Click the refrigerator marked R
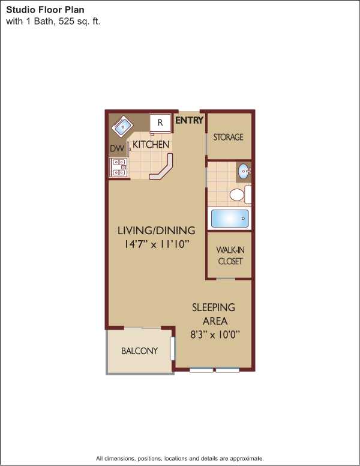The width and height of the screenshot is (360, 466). coord(160,122)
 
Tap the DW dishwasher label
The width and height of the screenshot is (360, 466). coord(117,148)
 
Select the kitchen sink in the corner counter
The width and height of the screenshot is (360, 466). coord(121,127)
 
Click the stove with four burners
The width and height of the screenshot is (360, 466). coord(119,168)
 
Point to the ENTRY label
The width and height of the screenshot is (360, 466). coord(189,120)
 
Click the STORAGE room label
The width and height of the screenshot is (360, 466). coord(228,137)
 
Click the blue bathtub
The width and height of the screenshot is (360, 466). coord(230,219)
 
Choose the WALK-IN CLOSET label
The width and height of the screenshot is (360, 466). coord(230,255)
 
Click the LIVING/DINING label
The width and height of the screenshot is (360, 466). coord(156,231)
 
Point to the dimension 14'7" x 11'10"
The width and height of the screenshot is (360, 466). coord(156,244)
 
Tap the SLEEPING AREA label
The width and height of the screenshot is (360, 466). coord(214,314)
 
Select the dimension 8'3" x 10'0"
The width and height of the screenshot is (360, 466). coord(215,335)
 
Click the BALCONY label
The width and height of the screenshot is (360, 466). coord(139,351)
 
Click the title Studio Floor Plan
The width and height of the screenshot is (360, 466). coord(45,10)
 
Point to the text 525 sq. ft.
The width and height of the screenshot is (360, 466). coord(80,22)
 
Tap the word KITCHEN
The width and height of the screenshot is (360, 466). coord(151,145)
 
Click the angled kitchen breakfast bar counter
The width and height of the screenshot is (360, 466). coord(163,169)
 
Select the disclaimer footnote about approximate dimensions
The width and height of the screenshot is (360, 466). coord(180,458)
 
